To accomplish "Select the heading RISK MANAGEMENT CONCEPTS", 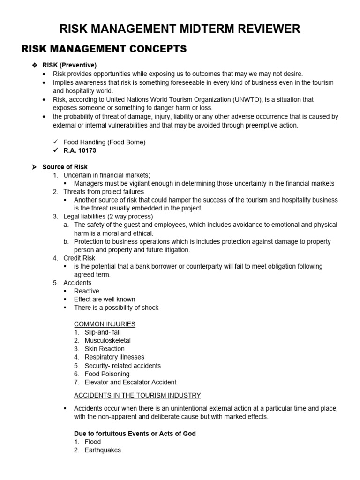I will pos(104,49).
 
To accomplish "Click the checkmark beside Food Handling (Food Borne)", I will pos(56,142).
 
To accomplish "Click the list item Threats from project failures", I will pos(104,191).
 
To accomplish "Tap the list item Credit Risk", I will pos(79,258).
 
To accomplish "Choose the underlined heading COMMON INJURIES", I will pos(105,324).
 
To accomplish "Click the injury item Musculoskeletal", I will pos(107,340).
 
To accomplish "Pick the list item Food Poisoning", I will pos(107,374).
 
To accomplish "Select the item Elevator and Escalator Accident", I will pos(130,382).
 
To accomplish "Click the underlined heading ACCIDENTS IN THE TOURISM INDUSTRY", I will pos(137,395).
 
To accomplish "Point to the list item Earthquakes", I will pos(103,450).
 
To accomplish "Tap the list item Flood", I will pos(93,442).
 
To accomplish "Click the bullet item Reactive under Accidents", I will pos(87,291).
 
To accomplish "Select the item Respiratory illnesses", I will pos(114,357).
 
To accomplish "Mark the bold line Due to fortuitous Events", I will pos(135,434).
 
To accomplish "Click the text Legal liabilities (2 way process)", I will pos(108,216).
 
